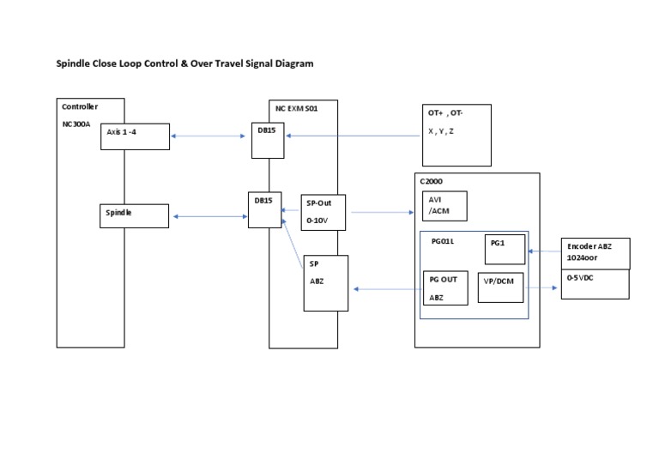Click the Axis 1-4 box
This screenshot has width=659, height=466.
(x=134, y=136)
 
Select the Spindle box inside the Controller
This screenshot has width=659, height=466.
(x=134, y=215)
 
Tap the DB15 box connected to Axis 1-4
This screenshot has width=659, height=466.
(x=268, y=140)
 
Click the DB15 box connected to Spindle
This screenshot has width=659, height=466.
(x=264, y=210)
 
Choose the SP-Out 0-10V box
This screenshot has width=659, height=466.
(x=325, y=212)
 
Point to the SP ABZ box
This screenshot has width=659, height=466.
(x=325, y=282)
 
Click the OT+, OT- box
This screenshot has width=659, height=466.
(x=456, y=135)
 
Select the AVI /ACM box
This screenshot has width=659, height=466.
(x=444, y=206)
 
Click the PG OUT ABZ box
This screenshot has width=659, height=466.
(x=445, y=288)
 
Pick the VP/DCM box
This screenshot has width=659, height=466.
(x=500, y=287)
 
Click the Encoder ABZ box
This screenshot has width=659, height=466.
(x=595, y=253)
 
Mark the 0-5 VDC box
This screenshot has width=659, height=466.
(x=595, y=284)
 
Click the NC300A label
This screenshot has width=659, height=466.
(x=76, y=123)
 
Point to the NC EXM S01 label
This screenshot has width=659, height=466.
(x=296, y=107)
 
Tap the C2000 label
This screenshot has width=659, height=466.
(x=432, y=182)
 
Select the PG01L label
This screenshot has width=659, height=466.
(x=443, y=242)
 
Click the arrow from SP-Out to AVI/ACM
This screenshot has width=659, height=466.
(x=383, y=212)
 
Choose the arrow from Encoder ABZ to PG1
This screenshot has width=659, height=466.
(x=544, y=251)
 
